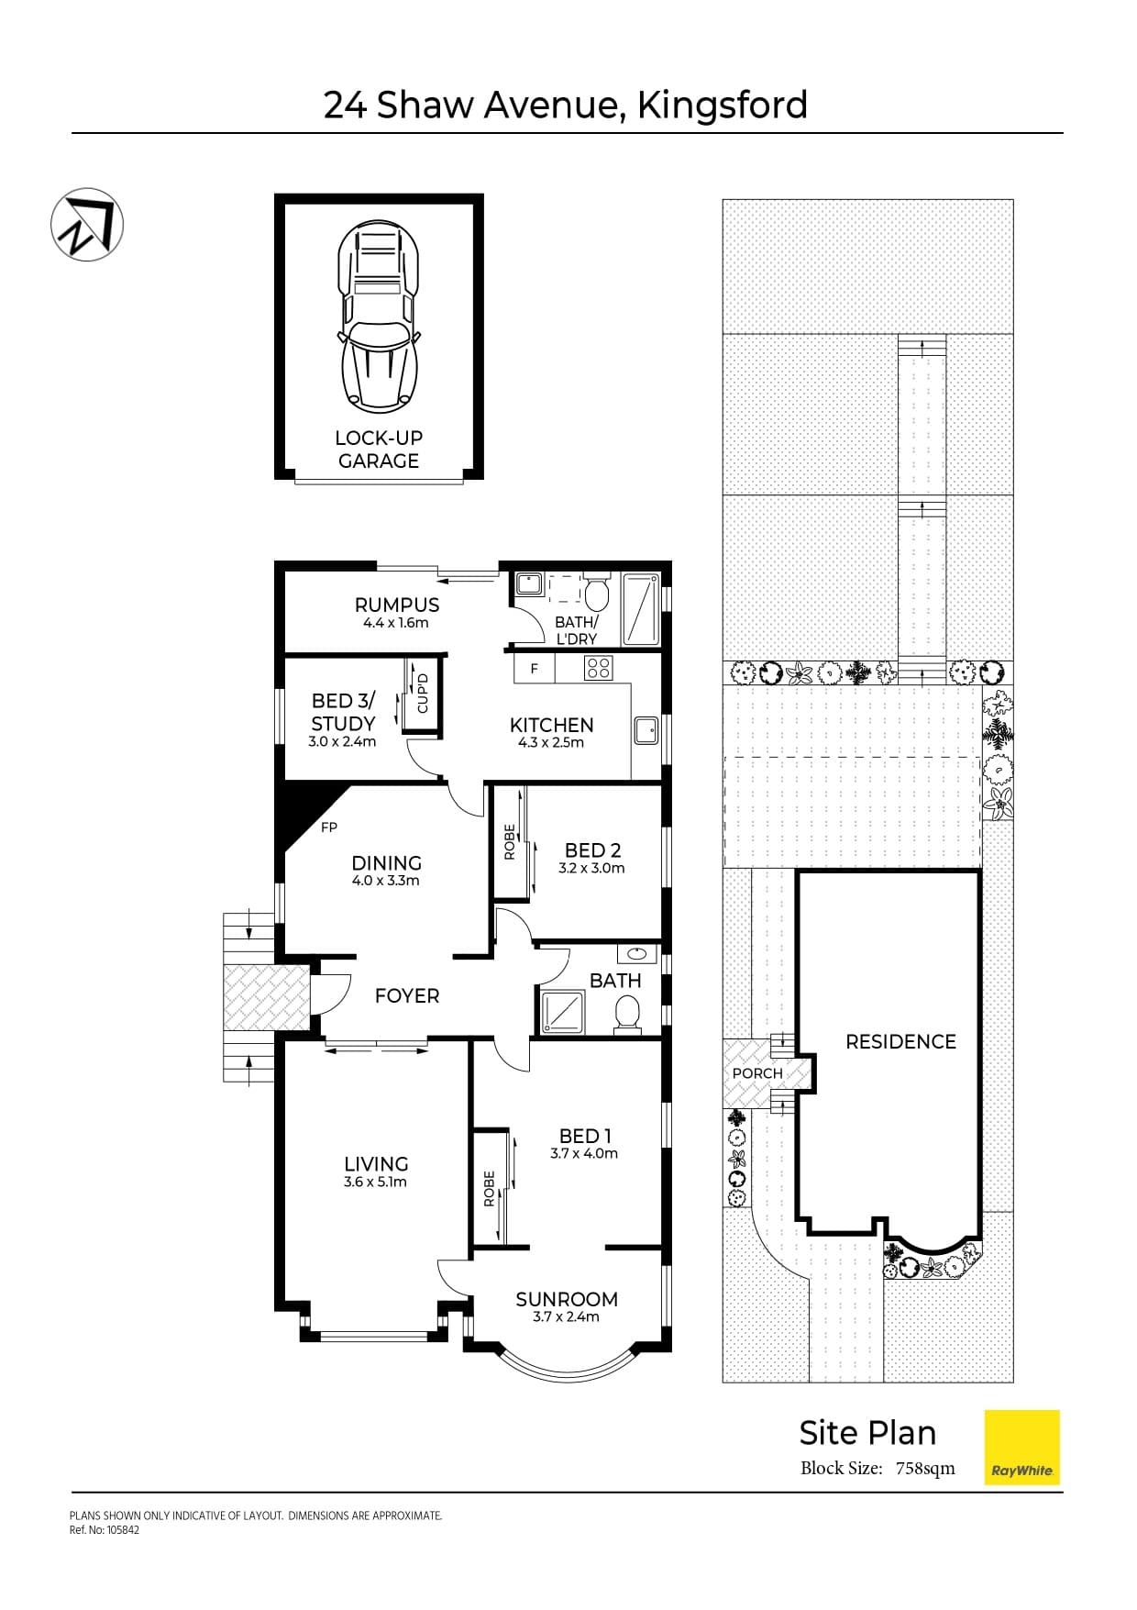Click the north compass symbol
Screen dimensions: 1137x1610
[x=86, y=225]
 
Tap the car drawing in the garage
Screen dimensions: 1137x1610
[x=379, y=315]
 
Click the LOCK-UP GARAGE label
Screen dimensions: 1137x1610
[x=379, y=450]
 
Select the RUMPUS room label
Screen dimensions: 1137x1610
[x=397, y=605]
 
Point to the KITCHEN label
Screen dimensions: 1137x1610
[x=551, y=725]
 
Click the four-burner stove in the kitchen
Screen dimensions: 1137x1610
[x=599, y=668]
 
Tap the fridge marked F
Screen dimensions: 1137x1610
[x=535, y=669]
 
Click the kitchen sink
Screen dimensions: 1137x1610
[x=646, y=731]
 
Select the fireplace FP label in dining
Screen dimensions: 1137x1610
[x=329, y=827]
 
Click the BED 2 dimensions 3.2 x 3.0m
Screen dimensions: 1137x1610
[x=591, y=868]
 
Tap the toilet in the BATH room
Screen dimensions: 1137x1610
[x=627, y=1015]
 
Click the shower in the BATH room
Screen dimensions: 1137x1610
[x=564, y=1014]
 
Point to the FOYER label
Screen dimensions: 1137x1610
[x=407, y=995]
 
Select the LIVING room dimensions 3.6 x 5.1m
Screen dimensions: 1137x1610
[x=375, y=1183]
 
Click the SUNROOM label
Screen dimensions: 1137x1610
[x=567, y=1299]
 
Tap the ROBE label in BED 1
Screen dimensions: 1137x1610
[x=489, y=1188]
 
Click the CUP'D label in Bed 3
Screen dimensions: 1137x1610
[x=423, y=694]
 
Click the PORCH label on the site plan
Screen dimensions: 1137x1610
[x=757, y=1073]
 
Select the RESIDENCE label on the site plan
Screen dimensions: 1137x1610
[x=900, y=1041]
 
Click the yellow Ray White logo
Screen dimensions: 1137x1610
[x=1021, y=1448]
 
